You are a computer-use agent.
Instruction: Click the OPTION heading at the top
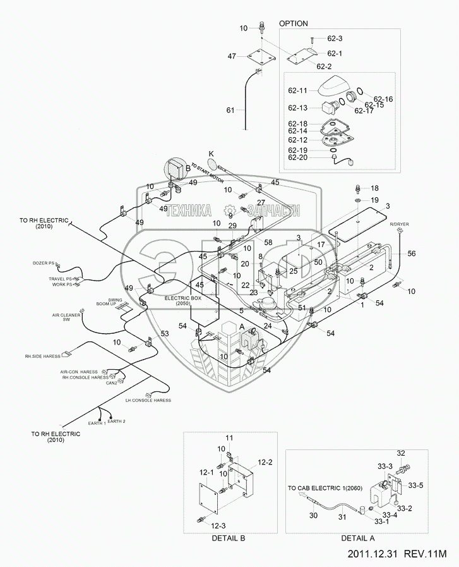pyautogui.click(x=293, y=23)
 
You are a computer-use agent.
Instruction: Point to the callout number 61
pyautogui.click(x=230, y=111)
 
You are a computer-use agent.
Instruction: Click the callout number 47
pyautogui.click(x=232, y=57)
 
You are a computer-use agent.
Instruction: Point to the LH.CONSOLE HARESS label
pyautogui.click(x=148, y=401)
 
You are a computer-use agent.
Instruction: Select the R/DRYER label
pyautogui.click(x=398, y=224)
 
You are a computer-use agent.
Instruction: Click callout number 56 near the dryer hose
pyautogui.click(x=412, y=253)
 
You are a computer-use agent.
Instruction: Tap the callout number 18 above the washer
pyautogui.click(x=374, y=188)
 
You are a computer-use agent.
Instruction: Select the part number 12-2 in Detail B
pyautogui.click(x=265, y=463)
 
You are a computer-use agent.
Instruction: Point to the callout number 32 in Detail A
pyautogui.click(x=401, y=453)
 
